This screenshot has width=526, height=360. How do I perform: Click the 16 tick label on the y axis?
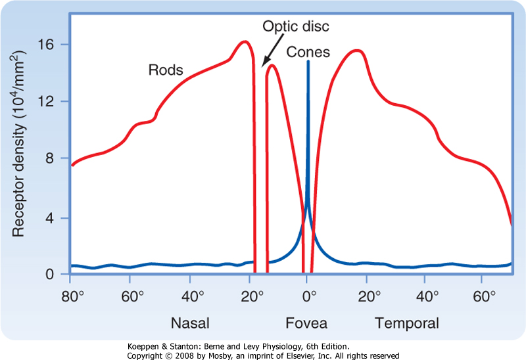tap(53, 45)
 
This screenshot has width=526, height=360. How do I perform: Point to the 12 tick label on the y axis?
tap(53, 101)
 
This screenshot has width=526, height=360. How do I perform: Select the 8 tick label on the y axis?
tap(57, 158)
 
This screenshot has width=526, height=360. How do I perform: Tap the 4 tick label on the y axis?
tap(57, 217)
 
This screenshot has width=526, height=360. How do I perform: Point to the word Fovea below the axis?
tap(306, 323)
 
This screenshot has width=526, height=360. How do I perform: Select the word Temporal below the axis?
tap(407, 323)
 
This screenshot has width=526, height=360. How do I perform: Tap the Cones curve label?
tap(308, 52)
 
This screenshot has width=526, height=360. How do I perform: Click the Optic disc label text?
tap(296, 26)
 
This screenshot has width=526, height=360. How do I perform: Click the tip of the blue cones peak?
tap(308, 62)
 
